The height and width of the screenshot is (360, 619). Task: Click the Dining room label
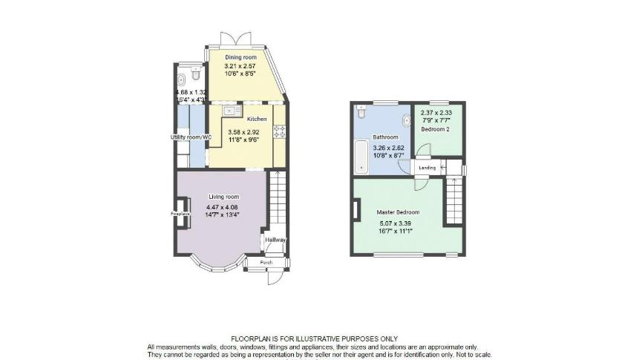point(240,57)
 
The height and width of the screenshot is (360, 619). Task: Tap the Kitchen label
point(257,119)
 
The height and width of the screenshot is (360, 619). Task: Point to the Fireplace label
point(180,215)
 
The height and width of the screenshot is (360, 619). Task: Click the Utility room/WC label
point(191,137)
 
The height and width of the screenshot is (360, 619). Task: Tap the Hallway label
point(276,240)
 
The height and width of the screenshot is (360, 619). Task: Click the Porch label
point(266,263)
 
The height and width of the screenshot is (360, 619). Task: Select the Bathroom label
point(385,137)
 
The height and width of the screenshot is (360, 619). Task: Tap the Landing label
point(427,168)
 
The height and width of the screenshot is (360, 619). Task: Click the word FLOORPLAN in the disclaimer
point(252,338)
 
